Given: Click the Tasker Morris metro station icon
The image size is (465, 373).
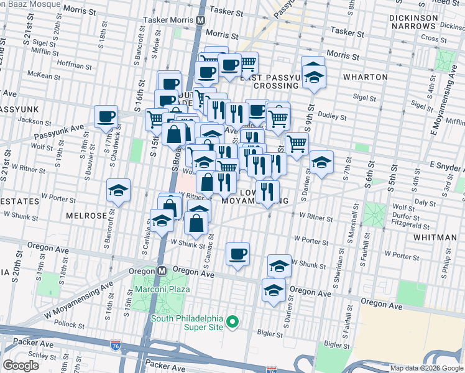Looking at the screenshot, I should pyautogui.click(x=200, y=20).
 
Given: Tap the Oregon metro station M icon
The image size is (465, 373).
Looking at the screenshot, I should pyautogui.click(x=161, y=271).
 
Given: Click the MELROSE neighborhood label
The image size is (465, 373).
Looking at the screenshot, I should pyautogui.click(x=86, y=215).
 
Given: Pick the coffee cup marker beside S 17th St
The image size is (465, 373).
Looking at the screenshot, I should pyautogui.click(x=106, y=116).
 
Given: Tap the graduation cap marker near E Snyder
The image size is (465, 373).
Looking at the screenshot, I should pyautogui.click(x=321, y=163).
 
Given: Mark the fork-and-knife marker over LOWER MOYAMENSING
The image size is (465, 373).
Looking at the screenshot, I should pyautogui.click(x=267, y=191).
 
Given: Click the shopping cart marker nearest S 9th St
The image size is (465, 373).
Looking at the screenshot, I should pyautogui.click(x=297, y=144).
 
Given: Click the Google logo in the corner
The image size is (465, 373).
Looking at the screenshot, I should pyautogui.click(x=21, y=366).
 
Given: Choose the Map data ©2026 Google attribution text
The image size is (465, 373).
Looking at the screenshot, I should pyautogui.click(x=426, y=368).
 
